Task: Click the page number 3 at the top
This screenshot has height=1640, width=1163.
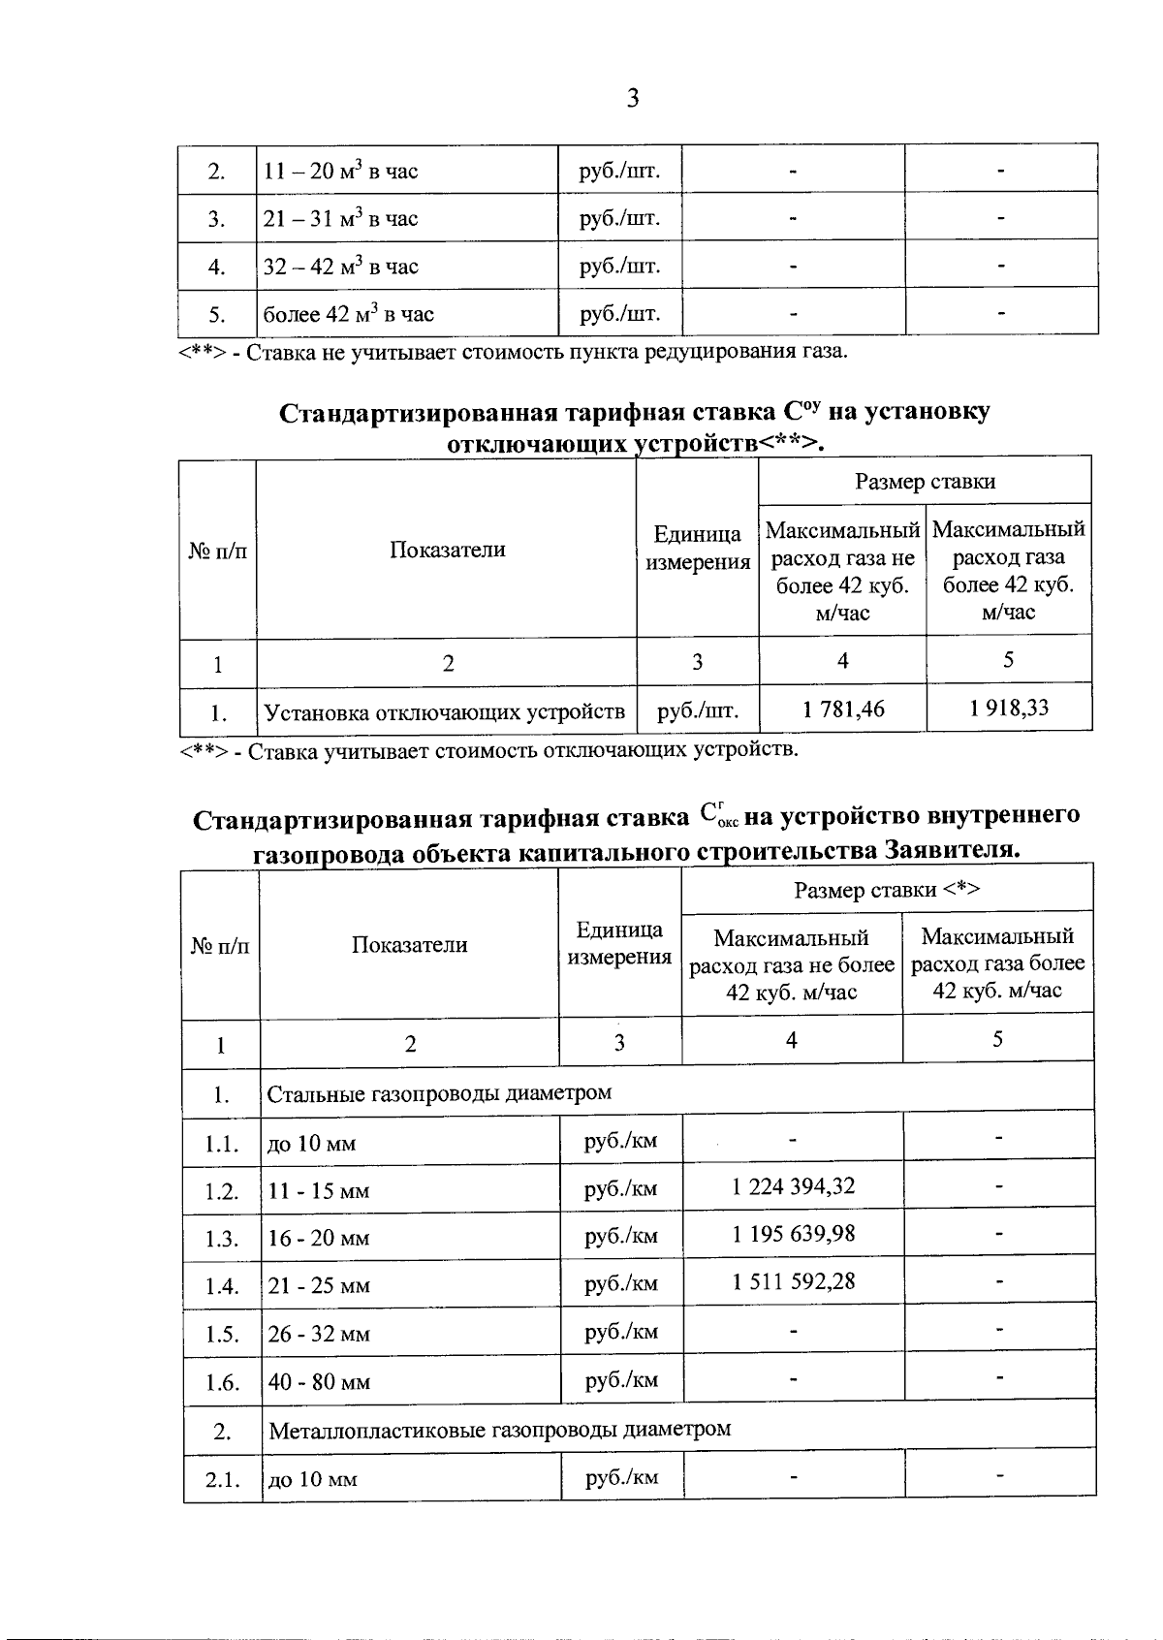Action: pos(632,98)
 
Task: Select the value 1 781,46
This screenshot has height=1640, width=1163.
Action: pos(843,710)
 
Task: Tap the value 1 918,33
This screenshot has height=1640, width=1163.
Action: pos(1009,709)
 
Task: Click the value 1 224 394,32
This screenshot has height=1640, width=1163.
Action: pos(794,1186)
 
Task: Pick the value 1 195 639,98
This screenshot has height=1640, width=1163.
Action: pos(794,1234)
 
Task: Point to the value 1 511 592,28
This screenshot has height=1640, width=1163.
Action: pos(794,1281)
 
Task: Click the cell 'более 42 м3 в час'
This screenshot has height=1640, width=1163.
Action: pos(349,314)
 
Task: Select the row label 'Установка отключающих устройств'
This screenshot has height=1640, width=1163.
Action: pos(445,714)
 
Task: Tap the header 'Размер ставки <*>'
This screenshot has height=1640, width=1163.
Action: pos(887,890)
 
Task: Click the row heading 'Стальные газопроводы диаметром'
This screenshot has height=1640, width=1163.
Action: pos(439,1093)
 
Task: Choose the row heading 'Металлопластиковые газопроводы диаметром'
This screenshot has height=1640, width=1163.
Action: pos(499,1429)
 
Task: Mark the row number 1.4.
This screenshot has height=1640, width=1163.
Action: pos(222,1287)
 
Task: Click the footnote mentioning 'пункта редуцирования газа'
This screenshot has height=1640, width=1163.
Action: pos(514,351)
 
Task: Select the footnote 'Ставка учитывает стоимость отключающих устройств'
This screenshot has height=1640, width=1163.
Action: pos(489,750)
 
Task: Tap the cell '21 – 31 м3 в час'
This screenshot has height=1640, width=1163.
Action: pos(340,219)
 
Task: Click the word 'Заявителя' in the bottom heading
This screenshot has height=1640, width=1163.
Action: pos(952,850)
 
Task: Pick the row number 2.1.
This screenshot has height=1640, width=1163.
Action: pos(222,1480)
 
